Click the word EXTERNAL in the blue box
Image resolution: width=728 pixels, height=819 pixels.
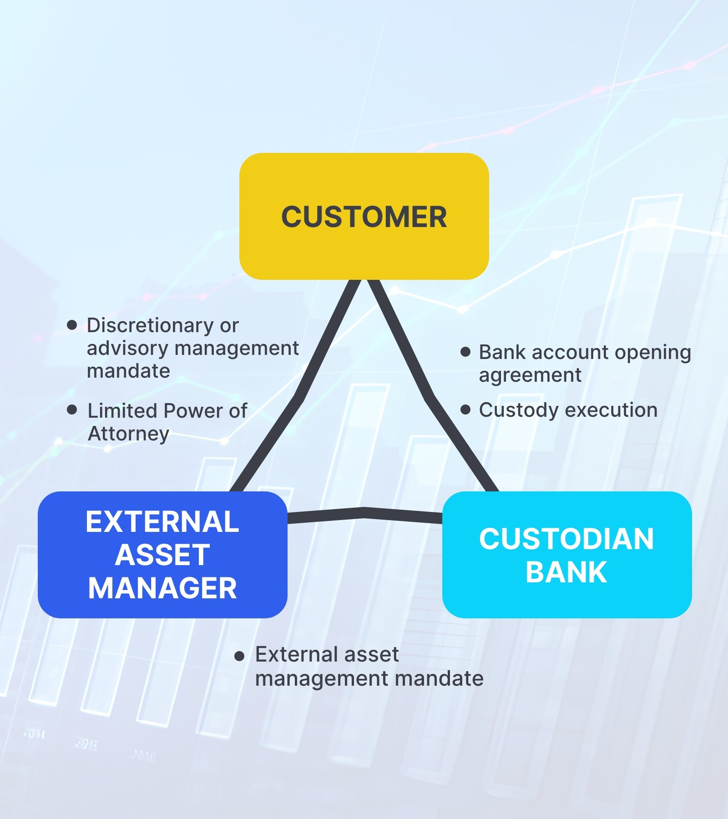click(162, 521)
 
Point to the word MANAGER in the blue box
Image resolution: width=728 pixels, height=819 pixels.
click(162, 588)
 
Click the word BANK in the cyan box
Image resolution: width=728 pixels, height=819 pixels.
click(566, 572)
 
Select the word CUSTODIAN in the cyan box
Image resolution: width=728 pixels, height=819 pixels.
click(566, 539)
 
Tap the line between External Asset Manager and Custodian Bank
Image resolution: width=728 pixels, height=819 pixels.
click(364, 513)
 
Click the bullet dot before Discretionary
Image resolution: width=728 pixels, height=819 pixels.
click(72, 325)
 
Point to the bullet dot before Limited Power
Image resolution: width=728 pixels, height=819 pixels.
click(72, 410)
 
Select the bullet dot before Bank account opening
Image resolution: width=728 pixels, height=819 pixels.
click(465, 352)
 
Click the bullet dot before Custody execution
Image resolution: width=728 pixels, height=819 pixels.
click(465, 410)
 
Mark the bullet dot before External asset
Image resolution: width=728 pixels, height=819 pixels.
click(239, 656)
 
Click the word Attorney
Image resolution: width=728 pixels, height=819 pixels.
click(128, 434)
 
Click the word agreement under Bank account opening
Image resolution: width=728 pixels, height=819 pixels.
click(530, 375)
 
